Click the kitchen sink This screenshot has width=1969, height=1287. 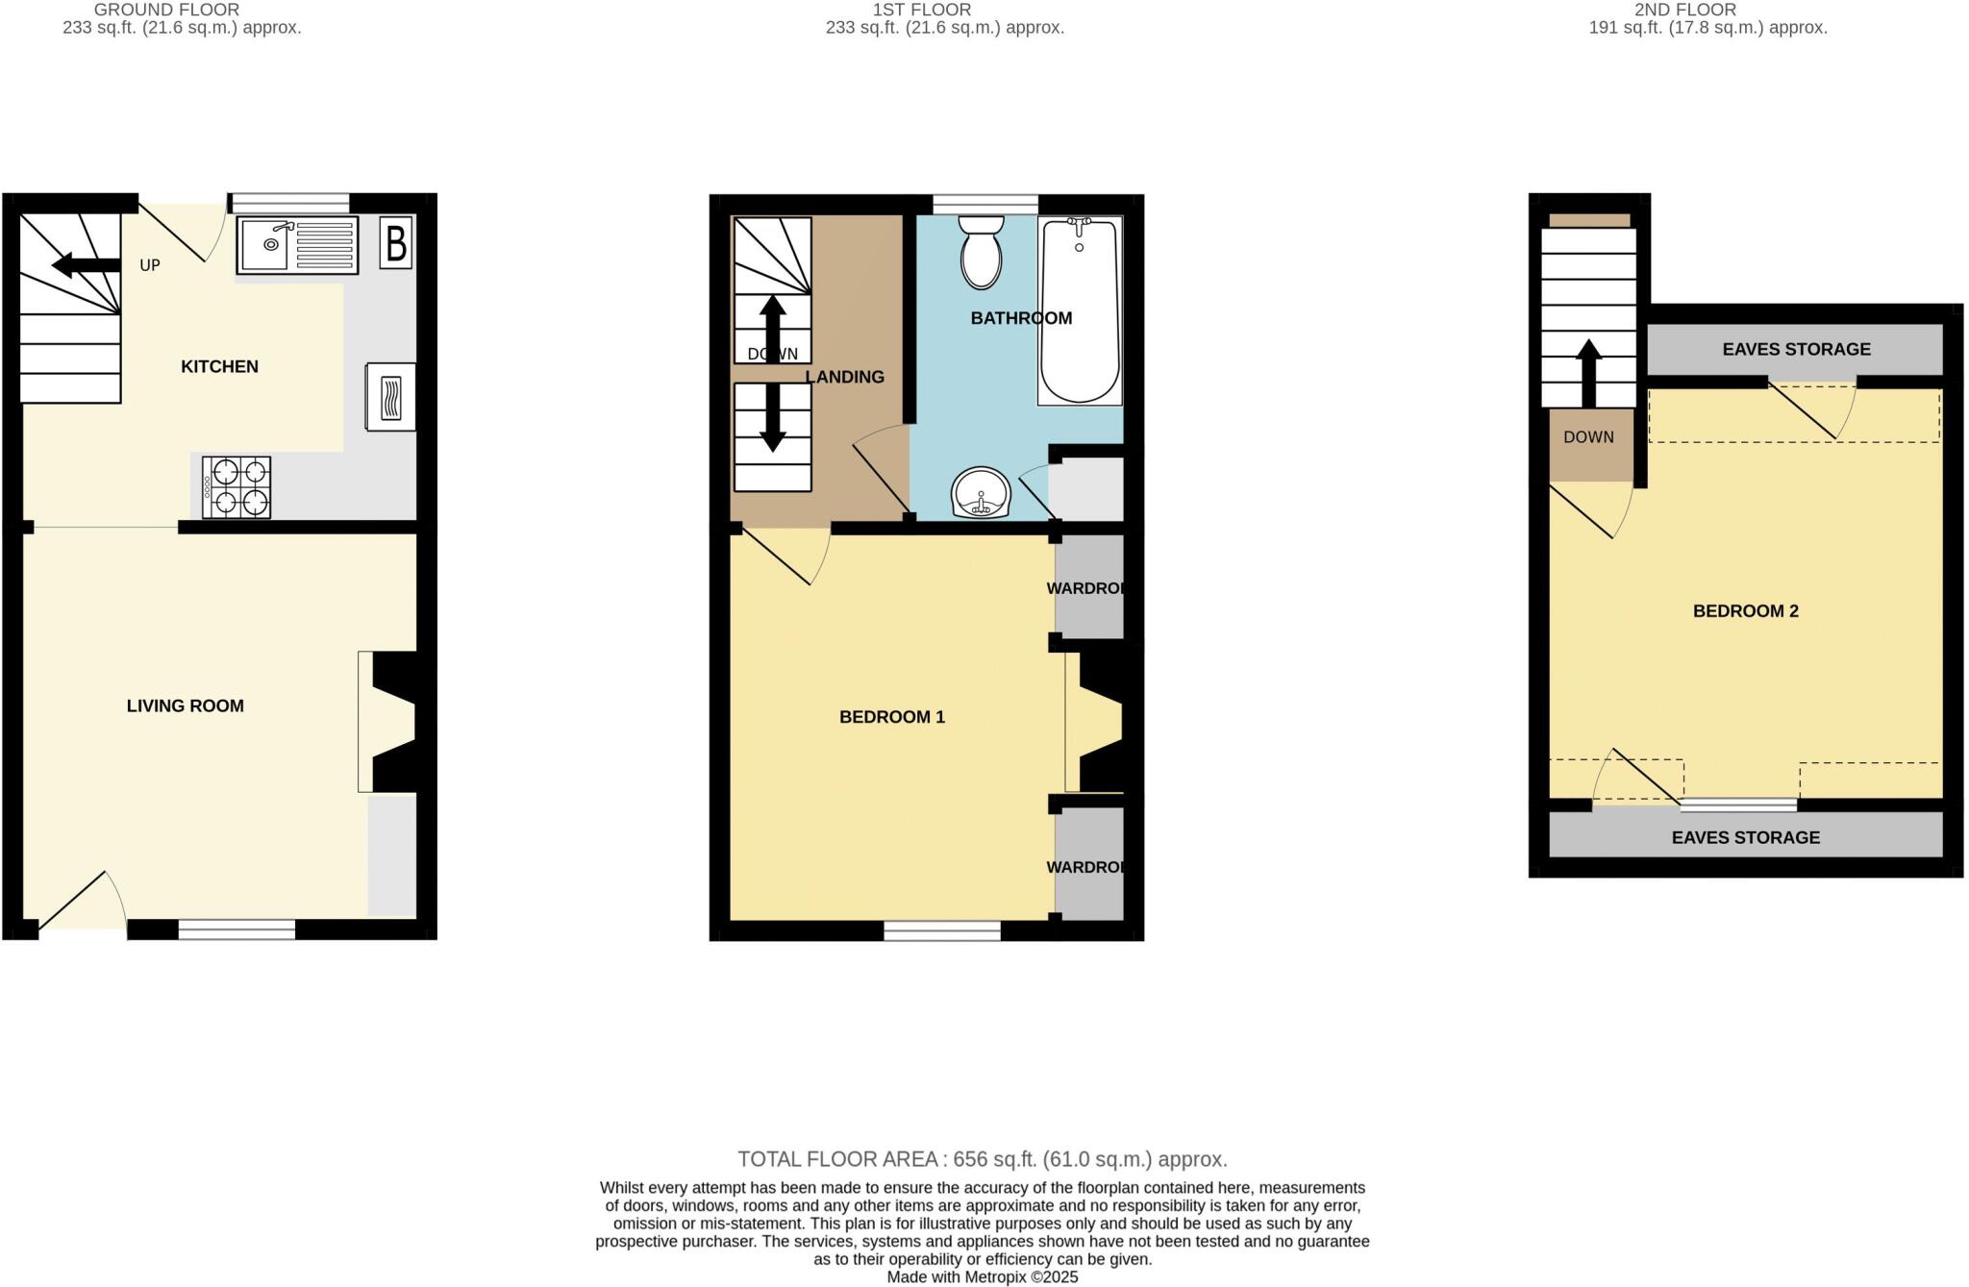[296, 244]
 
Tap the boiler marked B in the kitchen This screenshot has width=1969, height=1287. [395, 243]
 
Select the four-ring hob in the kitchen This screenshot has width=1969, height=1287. [237, 486]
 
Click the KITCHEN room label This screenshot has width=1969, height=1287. [219, 366]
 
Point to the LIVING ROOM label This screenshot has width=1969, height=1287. [186, 705]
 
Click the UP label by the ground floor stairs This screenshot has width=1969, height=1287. [150, 265]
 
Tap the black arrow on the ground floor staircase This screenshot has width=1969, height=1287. [86, 265]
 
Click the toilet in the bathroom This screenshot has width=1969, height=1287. [981, 252]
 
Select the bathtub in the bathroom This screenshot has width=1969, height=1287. [1080, 309]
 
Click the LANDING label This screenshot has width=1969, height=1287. [844, 377]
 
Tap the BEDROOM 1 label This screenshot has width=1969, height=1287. [892, 717]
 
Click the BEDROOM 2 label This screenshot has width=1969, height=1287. [1745, 611]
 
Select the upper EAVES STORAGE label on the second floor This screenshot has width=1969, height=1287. [1796, 349]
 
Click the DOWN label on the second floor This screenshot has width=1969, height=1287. [1588, 437]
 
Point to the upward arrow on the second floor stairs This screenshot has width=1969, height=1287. [1588, 373]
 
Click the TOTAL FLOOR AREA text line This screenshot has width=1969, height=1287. [982, 1159]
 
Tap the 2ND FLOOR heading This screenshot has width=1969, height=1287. [1684, 10]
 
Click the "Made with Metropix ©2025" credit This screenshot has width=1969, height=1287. [982, 1277]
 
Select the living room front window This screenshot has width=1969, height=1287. [237, 929]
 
